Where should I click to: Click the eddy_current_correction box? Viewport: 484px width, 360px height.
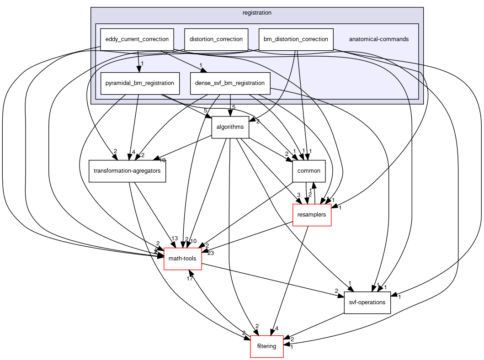coord(137,39)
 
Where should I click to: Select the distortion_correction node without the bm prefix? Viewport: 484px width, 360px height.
coord(216,39)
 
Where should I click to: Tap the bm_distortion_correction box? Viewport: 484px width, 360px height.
coord(296,39)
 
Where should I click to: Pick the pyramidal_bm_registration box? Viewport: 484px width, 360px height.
coord(139,83)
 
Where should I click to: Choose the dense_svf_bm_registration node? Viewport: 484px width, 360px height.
coord(230,83)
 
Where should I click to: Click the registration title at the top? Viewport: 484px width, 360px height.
coord(257,13)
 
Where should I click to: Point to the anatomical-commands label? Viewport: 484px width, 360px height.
coord(379,39)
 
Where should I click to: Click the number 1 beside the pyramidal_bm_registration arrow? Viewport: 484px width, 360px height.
coord(143,64)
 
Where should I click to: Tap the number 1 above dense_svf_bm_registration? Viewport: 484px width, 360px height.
coord(200,65)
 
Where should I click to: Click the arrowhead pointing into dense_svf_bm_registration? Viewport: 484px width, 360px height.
coord(203,69)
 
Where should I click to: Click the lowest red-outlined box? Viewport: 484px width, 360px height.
coord(267,346)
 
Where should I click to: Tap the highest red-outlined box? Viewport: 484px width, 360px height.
coord(312,215)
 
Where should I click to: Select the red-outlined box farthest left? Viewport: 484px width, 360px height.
coord(183,259)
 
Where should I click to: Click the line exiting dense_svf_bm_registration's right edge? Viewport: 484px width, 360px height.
coord(293,91)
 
